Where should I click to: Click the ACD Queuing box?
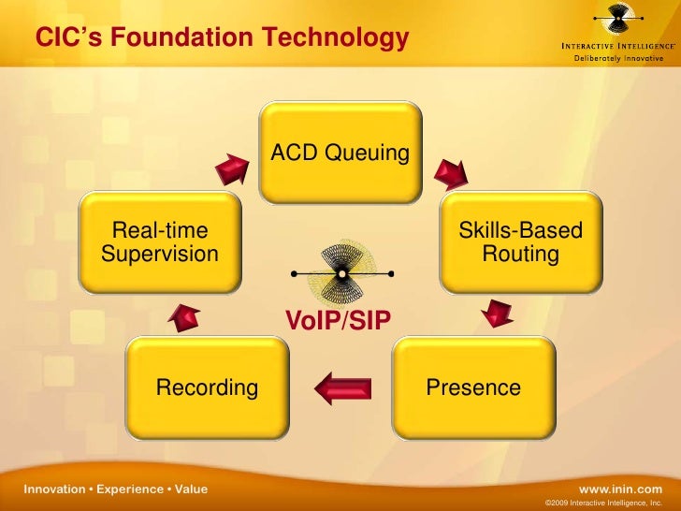tap(340, 153)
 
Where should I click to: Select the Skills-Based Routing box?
tap(521, 242)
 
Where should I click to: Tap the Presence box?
tap(474, 387)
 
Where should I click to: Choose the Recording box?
tap(207, 387)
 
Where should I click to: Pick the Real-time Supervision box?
tap(160, 242)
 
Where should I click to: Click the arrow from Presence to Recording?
tap(343, 388)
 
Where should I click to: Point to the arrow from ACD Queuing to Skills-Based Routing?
tap(451, 174)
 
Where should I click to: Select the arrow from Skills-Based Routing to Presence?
tap(497, 313)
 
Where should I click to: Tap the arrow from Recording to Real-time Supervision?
tap(184, 318)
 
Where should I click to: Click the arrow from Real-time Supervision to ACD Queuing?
tap(232, 169)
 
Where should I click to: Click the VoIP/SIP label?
tap(338, 320)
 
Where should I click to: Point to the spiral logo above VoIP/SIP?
tap(342, 273)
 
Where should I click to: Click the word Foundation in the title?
tap(181, 36)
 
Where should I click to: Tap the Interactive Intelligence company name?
tap(618, 46)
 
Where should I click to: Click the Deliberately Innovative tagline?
tap(618, 58)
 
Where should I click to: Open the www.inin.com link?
tap(620, 489)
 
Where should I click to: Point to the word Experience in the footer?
tap(130, 489)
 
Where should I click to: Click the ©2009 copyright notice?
tap(603, 503)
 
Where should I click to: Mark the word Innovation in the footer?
tap(54, 489)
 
